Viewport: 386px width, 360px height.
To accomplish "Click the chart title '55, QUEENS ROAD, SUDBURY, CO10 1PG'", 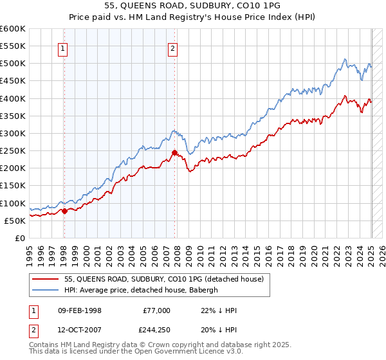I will tap(192, 5).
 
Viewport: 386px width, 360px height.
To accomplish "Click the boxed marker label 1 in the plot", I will tap(64, 47).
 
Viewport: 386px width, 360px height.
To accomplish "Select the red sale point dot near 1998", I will tap(64, 211).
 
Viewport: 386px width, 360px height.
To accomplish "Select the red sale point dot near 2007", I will tap(174, 152).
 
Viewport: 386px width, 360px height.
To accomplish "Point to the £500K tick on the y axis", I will tap(13, 64).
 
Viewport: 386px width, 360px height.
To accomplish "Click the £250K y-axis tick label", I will tap(13, 151).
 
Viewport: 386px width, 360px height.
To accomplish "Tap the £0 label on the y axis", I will tap(19, 238).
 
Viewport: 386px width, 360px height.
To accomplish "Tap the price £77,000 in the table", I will tap(156, 310).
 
